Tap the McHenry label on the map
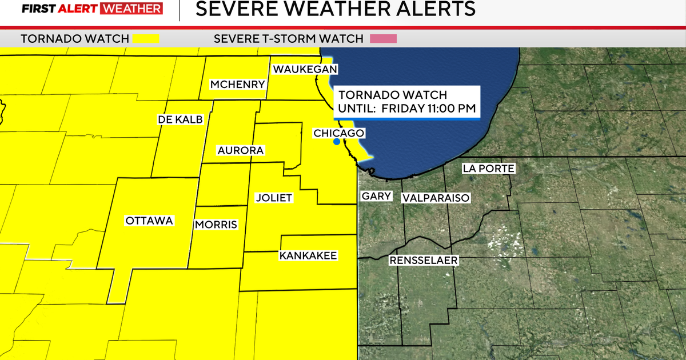coord(237,85)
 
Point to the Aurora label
coord(240,151)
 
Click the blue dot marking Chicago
coord(337,141)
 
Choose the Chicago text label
coord(339,133)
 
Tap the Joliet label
coord(274,198)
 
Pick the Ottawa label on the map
coord(149,221)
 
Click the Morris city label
coord(216,225)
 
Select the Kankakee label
coord(308,255)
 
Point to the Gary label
coord(376,197)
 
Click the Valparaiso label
coord(436,198)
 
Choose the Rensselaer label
coord(424,261)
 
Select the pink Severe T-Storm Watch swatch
coord(383,39)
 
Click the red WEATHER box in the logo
coord(130,9)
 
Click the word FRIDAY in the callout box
coord(401,108)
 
